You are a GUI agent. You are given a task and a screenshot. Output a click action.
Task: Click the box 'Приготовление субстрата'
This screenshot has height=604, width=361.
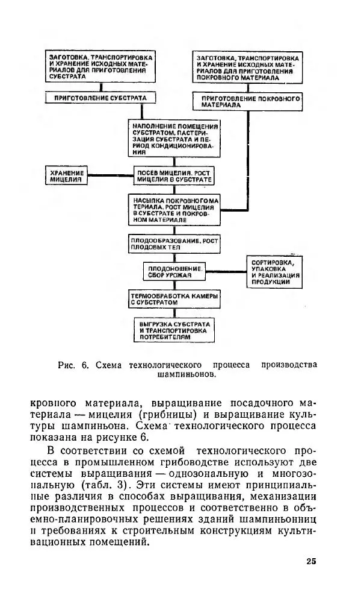click(x=100, y=98)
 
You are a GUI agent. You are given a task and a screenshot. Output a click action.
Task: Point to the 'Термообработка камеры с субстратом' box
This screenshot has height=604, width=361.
click(x=173, y=300)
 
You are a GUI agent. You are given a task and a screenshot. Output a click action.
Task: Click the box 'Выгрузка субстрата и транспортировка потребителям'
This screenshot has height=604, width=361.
click(x=173, y=330)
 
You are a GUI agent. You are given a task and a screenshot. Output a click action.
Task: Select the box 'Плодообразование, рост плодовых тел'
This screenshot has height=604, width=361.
click(x=173, y=244)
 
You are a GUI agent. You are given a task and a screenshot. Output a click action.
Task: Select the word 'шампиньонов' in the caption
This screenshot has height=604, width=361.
click(x=186, y=374)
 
